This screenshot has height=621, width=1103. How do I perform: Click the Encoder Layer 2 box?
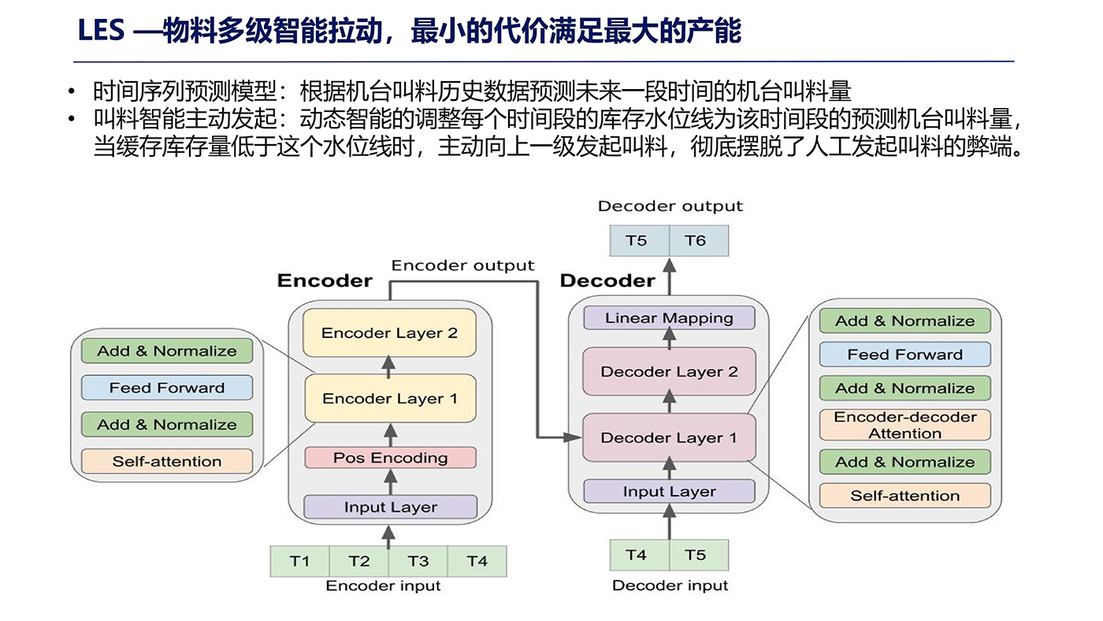click(389, 333)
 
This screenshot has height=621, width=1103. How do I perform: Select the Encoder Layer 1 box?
click(389, 399)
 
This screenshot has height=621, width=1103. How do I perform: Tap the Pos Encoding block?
click(390, 458)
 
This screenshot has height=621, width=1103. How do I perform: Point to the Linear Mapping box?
click(669, 318)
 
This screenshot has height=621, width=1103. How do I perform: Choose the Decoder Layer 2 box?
click(669, 371)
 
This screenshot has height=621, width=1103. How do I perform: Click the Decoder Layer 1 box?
click(669, 437)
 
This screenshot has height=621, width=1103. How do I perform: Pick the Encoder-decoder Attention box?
click(904, 426)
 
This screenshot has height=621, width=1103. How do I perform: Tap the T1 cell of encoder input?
click(299, 561)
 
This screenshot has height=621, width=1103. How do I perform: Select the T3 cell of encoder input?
click(418, 561)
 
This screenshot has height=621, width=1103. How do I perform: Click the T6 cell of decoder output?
click(695, 240)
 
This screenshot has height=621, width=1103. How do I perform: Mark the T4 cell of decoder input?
click(636, 555)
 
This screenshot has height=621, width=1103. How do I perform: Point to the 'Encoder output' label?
click(462, 266)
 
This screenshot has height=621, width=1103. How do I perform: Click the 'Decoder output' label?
click(670, 206)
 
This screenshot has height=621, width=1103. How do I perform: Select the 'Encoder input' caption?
click(383, 586)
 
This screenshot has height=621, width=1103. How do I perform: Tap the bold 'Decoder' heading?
click(607, 281)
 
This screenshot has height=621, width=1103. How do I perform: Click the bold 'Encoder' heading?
click(325, 281)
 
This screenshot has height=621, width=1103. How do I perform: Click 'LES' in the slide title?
click(102, 32)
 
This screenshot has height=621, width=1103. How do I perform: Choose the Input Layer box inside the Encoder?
click(390, 507)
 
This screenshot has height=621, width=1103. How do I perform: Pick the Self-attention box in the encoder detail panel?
click(167, 461)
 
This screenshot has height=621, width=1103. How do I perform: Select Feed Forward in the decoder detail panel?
click(904, 355)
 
